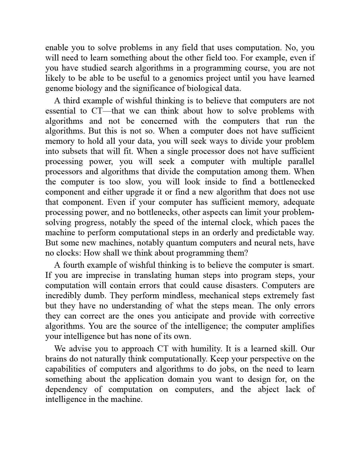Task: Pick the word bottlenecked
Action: [292, 182]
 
